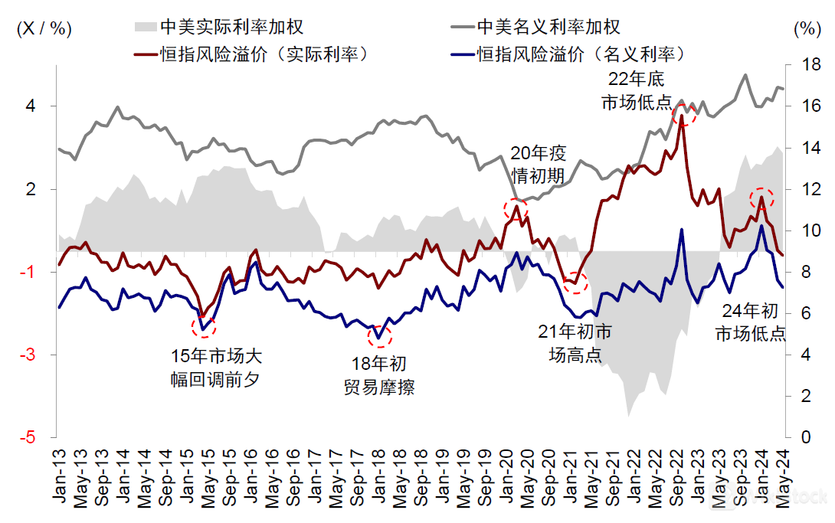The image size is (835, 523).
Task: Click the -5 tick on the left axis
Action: click(30, 437)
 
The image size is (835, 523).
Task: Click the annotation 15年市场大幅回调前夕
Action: click(215, 368)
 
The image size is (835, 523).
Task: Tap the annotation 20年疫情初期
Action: click(538, 164)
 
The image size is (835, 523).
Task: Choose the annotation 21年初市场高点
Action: click(575, 343)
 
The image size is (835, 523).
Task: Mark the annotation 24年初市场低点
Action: click(751, 322)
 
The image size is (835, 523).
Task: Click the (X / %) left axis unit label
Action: click(44, 28)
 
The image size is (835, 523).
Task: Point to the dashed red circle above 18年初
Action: click(379, 335)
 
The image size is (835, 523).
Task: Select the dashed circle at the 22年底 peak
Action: click(683, 116)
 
